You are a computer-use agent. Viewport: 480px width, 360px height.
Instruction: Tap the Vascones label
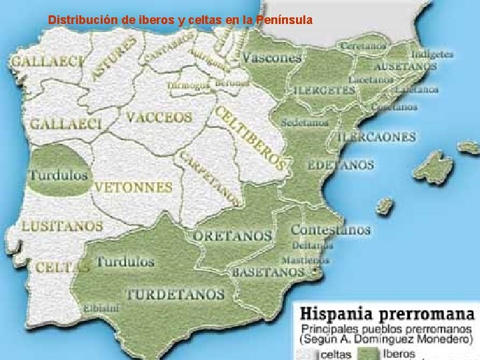271,58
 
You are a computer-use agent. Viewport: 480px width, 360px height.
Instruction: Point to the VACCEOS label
159,117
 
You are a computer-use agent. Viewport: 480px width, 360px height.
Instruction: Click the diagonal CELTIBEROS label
251,137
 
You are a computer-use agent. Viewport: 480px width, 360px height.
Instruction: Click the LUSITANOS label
63,226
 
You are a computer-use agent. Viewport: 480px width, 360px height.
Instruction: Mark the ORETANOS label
233,236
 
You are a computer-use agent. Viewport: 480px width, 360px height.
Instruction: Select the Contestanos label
330,230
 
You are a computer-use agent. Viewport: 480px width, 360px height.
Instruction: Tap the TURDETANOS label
175,294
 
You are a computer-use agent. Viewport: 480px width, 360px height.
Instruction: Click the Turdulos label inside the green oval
59,176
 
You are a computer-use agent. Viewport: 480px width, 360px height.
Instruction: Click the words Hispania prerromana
387,313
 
